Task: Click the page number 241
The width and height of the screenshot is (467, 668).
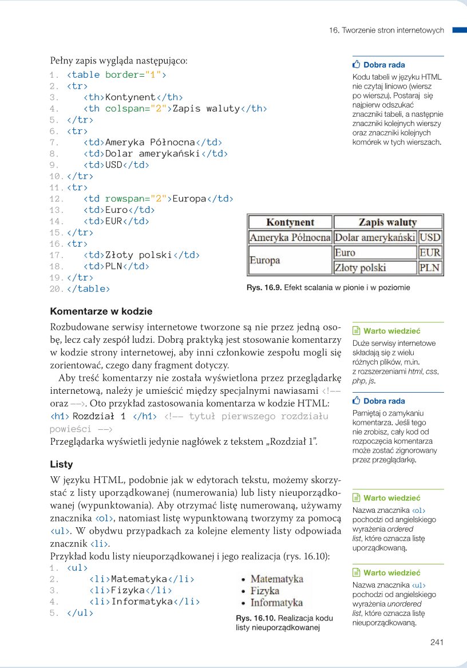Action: click(x=437, y=642)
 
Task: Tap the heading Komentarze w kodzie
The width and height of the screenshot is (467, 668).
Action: click(x=101, y=311)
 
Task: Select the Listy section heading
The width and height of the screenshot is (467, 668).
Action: click(x=61, y=464)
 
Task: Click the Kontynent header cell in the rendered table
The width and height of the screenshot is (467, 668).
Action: click(x=290, y=222)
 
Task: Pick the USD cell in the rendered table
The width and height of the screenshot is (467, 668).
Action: click(x=430, y=237)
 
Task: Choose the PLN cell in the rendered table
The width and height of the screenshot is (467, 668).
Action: click(x=430, y=267)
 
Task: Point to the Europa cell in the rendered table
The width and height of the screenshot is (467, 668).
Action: click(x=264, y=260)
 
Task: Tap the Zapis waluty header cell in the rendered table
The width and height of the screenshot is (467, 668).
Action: click(x=387, y=222)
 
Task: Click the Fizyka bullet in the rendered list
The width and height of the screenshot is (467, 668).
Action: click(x=264, y=590)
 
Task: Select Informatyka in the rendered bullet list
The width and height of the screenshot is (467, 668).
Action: click(x=276, y=602)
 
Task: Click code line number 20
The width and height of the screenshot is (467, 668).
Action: click(x=56, y=289)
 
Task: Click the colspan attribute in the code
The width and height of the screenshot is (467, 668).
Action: click(x=126, y=108)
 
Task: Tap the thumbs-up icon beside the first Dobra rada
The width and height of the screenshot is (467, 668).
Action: click(x=357, y=65)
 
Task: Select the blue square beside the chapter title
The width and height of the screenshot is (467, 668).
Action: click(x=460, y=30)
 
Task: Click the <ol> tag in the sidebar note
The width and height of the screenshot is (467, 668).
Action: click(x=418, y=510)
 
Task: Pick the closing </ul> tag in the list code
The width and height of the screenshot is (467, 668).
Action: click(x=80, y=612)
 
